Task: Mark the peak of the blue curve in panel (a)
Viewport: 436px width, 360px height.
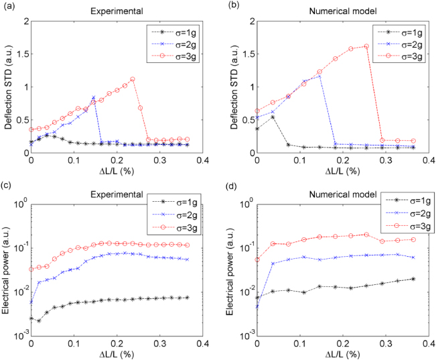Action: (x=93, y=98)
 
